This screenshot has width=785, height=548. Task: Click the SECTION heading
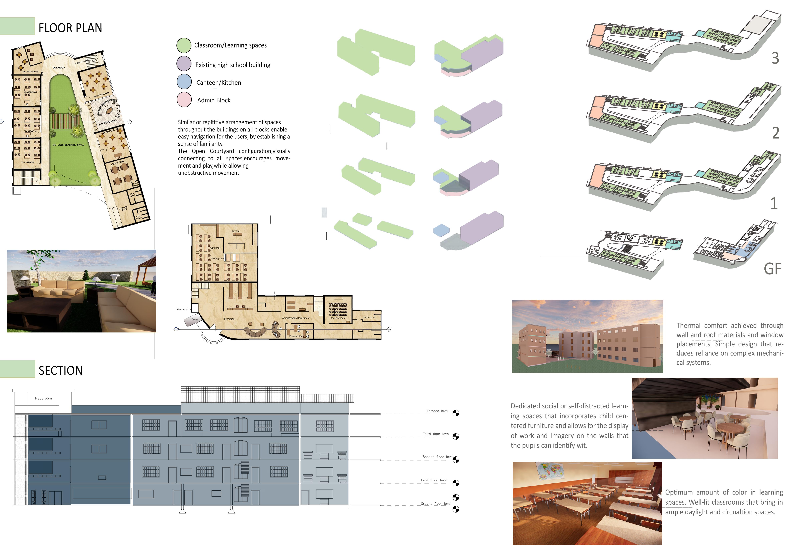[60, 371]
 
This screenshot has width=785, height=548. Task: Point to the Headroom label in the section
[43, 398]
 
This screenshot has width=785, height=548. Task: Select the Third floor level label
[436, 434]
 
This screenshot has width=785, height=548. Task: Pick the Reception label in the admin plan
[229, 319]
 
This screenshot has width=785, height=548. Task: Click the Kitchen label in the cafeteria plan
[236, 231]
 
